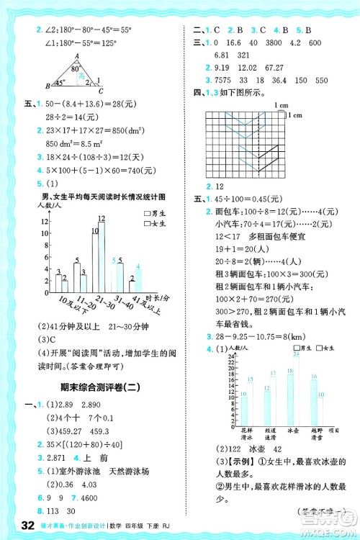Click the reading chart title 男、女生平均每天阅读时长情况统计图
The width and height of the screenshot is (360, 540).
tap(106, 195)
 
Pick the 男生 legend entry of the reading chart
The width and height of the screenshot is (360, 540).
tap(156, 213)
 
